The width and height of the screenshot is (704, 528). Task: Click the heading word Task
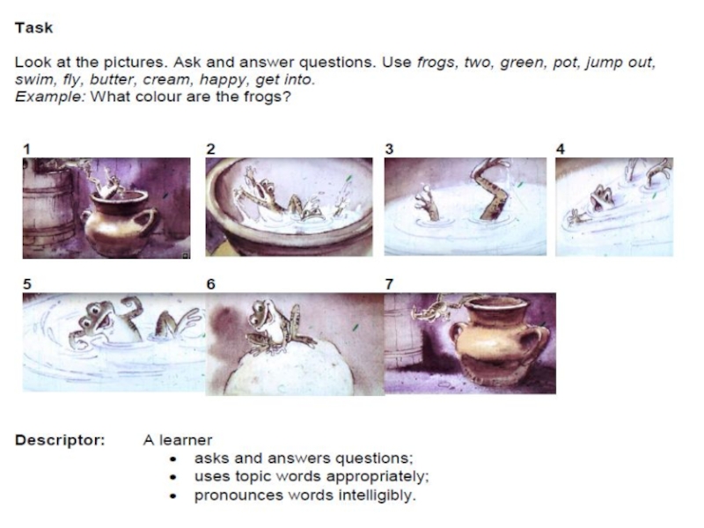point(34,28)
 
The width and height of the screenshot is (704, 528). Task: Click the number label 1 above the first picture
point(27,149)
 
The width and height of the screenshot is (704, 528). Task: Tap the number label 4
point(561,149)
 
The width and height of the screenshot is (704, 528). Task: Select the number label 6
point(210,284)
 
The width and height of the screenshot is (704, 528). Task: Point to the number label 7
point(389,284)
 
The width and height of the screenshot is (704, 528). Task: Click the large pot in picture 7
point(502,342)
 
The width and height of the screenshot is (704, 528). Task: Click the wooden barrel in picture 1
point(48,207)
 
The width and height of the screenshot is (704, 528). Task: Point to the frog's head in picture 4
point(602,197)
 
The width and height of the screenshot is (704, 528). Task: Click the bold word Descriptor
point(60,440)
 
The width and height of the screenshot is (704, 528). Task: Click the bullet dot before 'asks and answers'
point(173,458)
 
